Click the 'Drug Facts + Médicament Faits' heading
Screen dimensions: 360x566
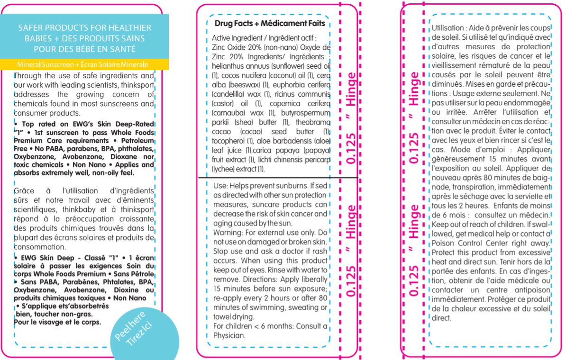click(268, 23)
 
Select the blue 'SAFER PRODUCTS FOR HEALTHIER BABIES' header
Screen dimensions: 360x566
click(84, 37)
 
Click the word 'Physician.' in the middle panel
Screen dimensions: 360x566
click(229, 335)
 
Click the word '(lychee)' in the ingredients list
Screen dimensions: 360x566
click(227, 169)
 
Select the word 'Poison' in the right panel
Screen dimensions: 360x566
click(443, 243)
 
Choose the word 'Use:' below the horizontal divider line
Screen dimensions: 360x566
click(221, 186)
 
